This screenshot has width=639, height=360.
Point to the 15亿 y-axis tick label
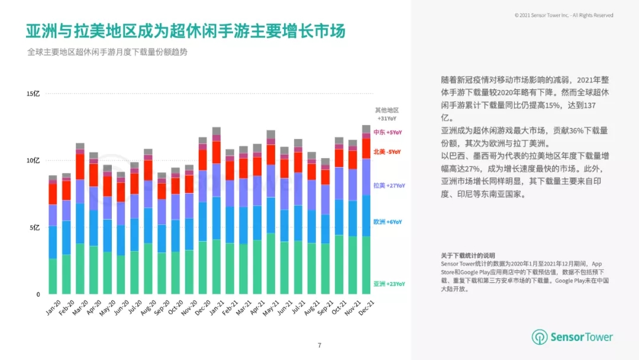pyautogui.click(x=33, y=94)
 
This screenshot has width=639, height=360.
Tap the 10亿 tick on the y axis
pyautogui.click(x=33, y=160)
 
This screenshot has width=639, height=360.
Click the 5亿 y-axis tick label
pyautogui.click(x=34, y=227)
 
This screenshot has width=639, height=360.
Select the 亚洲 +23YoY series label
pyautogui.click(x=389, y=284)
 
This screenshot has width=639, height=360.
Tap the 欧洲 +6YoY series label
pyautogui.click(x=388, y=222)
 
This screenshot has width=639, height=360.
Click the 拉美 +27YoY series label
pyautogui.click(x=389, y=185)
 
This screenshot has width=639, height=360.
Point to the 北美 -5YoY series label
pyautogui.click(x=388, y=152)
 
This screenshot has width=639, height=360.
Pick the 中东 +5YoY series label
pyautogui.click(x=388, y=132)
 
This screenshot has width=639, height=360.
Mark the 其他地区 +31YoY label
pyautogui.click(x=387, y=114)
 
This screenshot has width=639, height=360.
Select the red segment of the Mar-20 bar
pyautogui.click(x=80, y=166)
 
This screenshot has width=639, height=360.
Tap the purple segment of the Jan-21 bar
pyautogui.click(x=217, y=180)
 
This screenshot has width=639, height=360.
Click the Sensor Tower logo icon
pyautogui.click(x=539, y=337)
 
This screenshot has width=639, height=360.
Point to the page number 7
pyautogui.click(x=319, y=345)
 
